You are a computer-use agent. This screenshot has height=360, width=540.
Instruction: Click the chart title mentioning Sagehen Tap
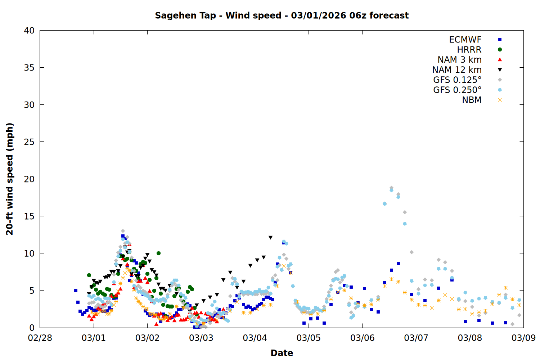click(x=282, y=15)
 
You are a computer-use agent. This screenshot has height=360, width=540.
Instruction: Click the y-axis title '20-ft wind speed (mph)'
click(x=10, y=179)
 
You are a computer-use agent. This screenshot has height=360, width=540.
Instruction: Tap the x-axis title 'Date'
click(x=282, y=353)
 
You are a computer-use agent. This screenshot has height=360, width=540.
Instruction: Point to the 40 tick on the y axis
click(x=29, y=31)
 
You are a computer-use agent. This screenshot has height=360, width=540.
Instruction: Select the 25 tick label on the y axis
click(x=29, y=142)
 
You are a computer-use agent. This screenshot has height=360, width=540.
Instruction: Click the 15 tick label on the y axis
click(x=29, y=216)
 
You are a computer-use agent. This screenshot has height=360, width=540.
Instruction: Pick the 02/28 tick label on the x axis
click(x=40, y=338)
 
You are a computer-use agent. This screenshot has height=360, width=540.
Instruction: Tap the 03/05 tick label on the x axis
click(x=309, y=338)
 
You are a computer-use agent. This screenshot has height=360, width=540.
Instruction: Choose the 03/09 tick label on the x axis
click(x=523, y=338)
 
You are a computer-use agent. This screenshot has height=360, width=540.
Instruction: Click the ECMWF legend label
click(x=465, y=40)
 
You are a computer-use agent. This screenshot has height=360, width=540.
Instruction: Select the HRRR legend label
click(x=469, y=50)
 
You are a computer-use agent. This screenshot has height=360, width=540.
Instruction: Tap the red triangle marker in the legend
click(x=500, y=60)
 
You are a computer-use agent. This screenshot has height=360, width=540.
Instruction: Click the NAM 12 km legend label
click(x=457, y=70)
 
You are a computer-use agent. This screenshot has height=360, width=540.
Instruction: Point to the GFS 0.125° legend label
click(x=457, y=80)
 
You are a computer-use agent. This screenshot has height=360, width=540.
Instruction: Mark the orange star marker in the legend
click(x=500, y=100)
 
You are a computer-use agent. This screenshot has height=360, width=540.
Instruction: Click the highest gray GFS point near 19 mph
click(x=391, y=188)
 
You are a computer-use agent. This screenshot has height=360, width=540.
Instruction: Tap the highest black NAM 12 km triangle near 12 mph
click(x=270, y=238)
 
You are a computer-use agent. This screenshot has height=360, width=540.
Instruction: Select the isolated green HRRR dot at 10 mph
click(x=158, y=253)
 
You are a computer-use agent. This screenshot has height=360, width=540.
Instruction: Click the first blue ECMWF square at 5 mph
click(x=76, y=291)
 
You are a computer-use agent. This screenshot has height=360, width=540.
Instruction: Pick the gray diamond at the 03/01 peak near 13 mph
click(x=123, y=231)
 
